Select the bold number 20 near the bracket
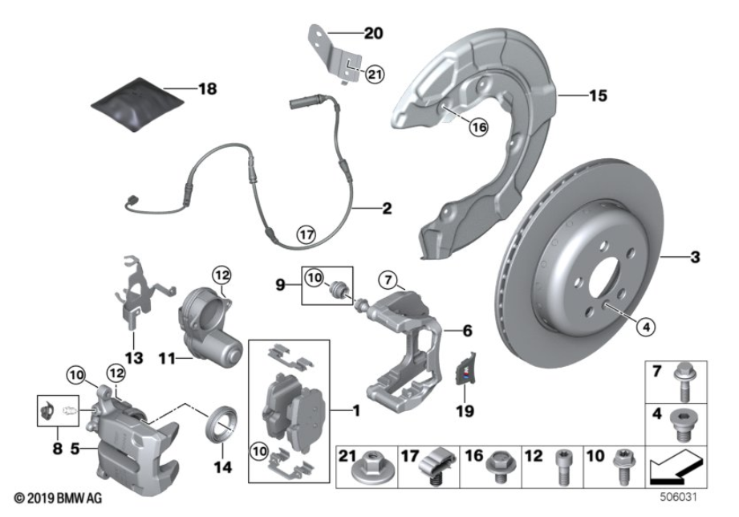click(x=373, y=34)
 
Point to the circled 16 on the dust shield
click(x=478, y=126)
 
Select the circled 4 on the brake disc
click(x=646, y=326)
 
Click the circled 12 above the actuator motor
click(x=221, y=275)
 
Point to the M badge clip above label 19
click(x=465, y=372)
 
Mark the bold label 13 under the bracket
click(x=132, y=356)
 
